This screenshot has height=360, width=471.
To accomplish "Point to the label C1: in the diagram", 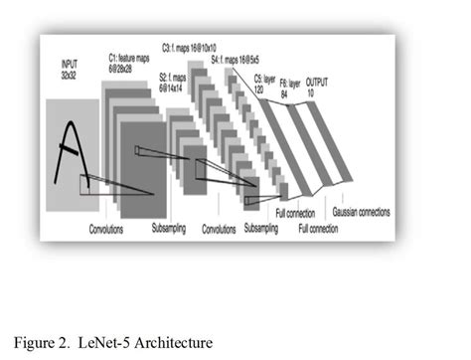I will (x=113, y=60).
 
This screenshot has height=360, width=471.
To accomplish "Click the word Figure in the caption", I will (x=36, y=343).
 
